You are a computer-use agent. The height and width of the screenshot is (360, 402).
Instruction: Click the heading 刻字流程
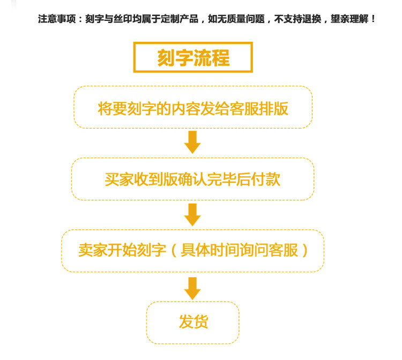193,58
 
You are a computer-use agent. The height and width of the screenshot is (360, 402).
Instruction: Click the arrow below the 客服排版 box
192,142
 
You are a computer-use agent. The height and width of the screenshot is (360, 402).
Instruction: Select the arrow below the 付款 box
192,214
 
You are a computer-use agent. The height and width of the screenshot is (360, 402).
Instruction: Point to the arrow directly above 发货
192,288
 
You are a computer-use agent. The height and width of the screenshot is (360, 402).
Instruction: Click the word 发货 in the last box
193,322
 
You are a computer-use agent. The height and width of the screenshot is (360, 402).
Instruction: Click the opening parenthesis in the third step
173,250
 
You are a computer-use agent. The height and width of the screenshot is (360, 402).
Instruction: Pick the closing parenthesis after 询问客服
305,250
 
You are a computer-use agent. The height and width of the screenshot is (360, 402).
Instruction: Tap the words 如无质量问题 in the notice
236,19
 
